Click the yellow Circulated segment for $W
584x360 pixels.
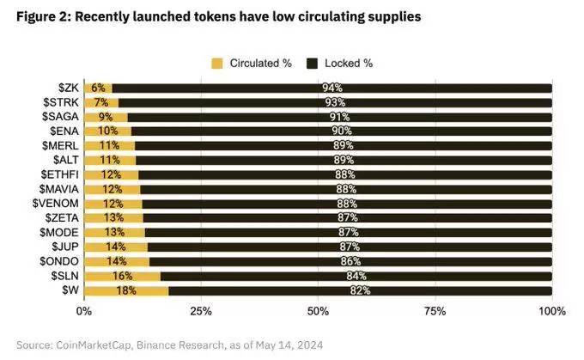[126, 290]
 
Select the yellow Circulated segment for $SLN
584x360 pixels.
[122, 276]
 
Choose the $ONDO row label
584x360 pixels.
[60, 261]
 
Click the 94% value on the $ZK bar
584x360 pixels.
[332, 88]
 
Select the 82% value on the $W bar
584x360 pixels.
[361, 290]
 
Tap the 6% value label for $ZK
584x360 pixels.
[98, 88]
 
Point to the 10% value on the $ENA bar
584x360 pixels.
[107, 131]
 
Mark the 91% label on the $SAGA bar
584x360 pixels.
[339, 117]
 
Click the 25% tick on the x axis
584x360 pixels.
[201, 311]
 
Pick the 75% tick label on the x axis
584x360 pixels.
[435, 311]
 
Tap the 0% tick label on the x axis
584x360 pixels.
[83, 311]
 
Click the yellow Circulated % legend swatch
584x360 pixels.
[216, 63]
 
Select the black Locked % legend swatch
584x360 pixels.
[313, 63]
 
